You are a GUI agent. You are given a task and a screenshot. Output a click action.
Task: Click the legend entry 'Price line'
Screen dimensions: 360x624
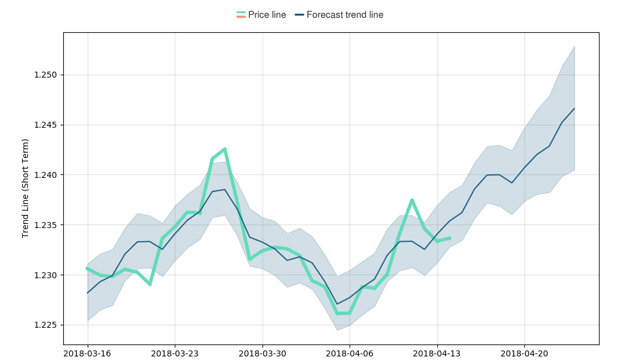(267, 15)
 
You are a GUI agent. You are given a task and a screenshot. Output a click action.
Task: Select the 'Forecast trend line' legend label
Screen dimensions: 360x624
(345, 15)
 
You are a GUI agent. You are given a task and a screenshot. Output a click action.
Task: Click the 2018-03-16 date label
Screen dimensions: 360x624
(88, 353)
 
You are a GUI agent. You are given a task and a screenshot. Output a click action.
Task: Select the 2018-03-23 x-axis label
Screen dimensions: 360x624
(175, 353)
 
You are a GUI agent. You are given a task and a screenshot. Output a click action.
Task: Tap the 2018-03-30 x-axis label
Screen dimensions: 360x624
(262, 353)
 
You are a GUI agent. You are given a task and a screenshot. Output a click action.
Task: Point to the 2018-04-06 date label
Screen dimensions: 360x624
(350, 353)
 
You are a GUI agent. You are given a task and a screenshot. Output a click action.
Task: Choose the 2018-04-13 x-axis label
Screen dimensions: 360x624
(437, 353)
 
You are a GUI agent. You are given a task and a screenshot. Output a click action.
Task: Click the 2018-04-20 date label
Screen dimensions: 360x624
(524, 353)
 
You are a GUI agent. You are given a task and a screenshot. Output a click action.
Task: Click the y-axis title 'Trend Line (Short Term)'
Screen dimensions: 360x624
(26, 188)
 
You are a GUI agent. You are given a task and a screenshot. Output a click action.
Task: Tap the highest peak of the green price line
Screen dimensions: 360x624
(225, 149)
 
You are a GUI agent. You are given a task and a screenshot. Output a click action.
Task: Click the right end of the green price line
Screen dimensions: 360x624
(450, 238)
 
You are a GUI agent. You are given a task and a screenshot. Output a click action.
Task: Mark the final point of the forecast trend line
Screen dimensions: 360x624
(574, 109)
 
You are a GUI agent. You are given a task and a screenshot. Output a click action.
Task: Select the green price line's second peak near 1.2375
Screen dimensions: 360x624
(412, 200)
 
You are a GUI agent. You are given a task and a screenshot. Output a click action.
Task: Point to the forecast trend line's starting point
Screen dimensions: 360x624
(88, 293)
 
